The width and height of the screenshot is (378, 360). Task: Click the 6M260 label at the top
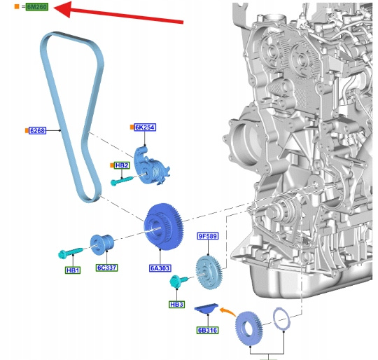(x=37, y=7)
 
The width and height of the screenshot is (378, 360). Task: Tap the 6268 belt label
(x=37, y=130)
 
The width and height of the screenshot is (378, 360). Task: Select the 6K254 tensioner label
(x=145, y=127)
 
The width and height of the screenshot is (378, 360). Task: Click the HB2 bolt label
(x=122, y=165)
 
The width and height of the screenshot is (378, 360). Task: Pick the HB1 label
(x=73, y=270)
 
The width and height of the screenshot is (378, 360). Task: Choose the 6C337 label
(x=106, y=268)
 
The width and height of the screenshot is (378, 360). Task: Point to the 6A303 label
(x=160, y=268)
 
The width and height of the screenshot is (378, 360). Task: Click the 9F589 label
(x=208, y=236)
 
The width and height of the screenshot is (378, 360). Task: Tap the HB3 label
(x=176, y=304)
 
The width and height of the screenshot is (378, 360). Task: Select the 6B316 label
(x=208, y=330)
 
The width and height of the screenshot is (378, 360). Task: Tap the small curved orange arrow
(x=227, y=311)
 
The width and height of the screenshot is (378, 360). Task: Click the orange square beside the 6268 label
(x=27, y=130)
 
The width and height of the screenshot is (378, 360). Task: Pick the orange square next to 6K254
(x=132, y=127)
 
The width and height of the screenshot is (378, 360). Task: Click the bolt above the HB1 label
(x=71, y=252)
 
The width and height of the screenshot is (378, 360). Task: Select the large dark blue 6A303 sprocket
(x=164, y=227)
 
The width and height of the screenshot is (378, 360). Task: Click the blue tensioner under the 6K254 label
(x=151, y=167)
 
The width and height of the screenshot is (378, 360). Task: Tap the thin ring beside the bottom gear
(x=281, y=319)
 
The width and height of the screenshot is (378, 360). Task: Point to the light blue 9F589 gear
(x=209, y=272)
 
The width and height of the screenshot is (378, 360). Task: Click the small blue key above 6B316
(x=206, y=309)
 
